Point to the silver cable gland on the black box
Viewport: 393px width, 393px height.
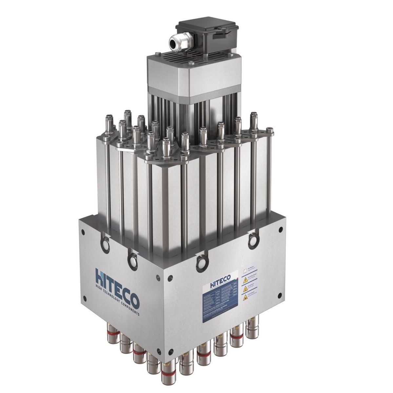[x=175, y=42]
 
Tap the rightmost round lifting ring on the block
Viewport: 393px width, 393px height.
[x=253, y=240]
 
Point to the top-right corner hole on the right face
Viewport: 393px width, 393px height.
[x=281, y=230]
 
